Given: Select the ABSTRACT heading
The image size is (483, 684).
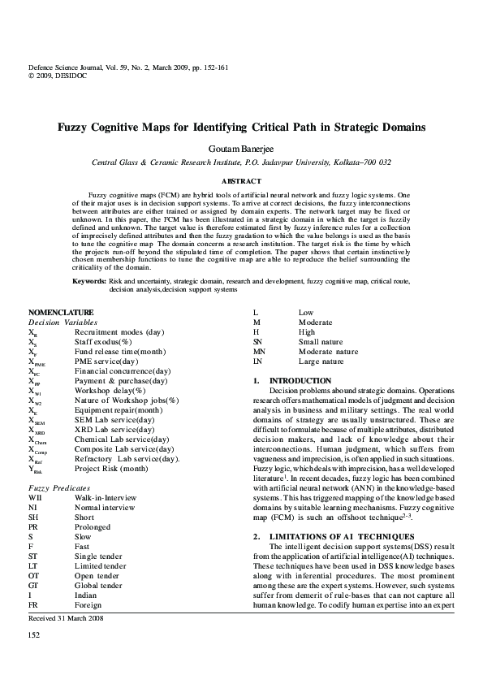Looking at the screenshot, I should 241,181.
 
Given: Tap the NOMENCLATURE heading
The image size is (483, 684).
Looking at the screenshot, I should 61,313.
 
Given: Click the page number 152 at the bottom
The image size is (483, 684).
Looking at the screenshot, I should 34,656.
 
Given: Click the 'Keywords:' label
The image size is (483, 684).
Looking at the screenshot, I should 89,281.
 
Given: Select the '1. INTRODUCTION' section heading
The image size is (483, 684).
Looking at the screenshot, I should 289,380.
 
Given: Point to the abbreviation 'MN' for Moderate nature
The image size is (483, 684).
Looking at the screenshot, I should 258,352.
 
